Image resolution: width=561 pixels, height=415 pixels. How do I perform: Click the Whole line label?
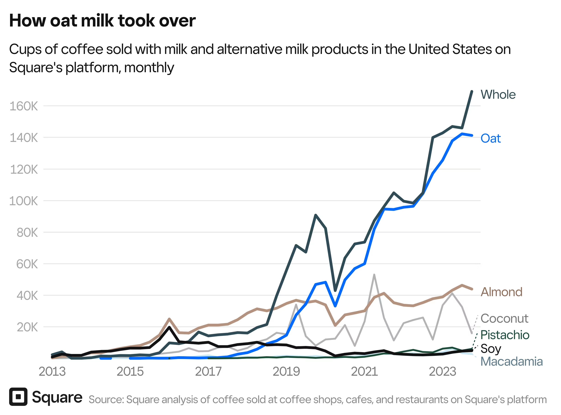498,95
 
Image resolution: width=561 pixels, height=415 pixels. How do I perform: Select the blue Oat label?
490,138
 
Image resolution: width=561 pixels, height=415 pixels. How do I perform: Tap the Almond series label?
501,292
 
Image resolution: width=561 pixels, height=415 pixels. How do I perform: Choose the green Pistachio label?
505,335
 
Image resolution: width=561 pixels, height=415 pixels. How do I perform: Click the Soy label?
490,349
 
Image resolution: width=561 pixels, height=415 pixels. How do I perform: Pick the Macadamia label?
511,362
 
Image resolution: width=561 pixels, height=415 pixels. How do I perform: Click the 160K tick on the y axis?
24,106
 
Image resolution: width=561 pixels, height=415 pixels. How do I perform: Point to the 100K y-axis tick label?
24,201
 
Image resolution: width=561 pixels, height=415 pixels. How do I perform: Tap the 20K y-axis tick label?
27,327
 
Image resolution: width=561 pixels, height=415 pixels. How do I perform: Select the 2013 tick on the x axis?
52,372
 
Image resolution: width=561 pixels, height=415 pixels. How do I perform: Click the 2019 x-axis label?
286,372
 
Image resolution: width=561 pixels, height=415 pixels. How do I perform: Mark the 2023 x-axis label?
442,372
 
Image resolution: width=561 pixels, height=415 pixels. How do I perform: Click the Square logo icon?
18,397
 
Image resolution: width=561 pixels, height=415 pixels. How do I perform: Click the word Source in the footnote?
106,400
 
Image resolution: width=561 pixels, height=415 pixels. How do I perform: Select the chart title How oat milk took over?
102,21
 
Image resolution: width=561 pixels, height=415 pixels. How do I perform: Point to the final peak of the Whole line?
472,91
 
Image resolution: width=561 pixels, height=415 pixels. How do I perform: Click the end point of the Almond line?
472,289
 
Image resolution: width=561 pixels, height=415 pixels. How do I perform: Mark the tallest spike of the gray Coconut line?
374,275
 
